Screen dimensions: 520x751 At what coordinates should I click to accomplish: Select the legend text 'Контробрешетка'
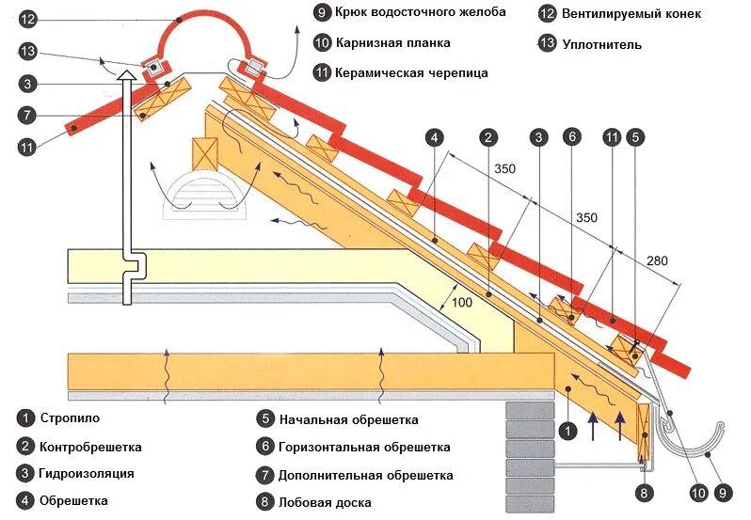click(x=89, y=446)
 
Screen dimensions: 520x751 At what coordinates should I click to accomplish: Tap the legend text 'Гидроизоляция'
click(x=87, y=473)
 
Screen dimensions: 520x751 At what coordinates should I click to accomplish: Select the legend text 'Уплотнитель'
click(x=602, y=43)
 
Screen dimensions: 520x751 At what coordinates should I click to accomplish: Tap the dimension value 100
click(x=462, y=302)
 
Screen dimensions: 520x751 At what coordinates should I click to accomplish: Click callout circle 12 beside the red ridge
click(x=26, y=18)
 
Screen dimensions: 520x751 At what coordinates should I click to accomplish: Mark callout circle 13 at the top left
click(x=26, y=51)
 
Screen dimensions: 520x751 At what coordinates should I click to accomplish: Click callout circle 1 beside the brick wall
click(x=567, y=431)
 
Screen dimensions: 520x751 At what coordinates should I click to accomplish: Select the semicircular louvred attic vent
click(x=206, y=195)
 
